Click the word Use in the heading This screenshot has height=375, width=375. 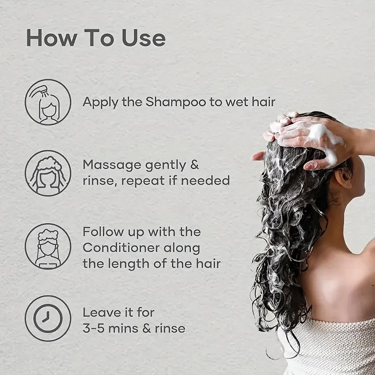click(x=144, y=38)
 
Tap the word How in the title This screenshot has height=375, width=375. click(x=51, y=38)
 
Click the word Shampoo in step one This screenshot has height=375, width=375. click(x=176, y=102)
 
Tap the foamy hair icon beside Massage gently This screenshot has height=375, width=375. click(x=48, y=173)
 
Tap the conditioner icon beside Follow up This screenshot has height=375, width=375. click(x=48, y=247)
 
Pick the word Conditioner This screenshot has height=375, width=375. click(x=121, y=248)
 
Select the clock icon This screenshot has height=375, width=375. click(x=48, y=319)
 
